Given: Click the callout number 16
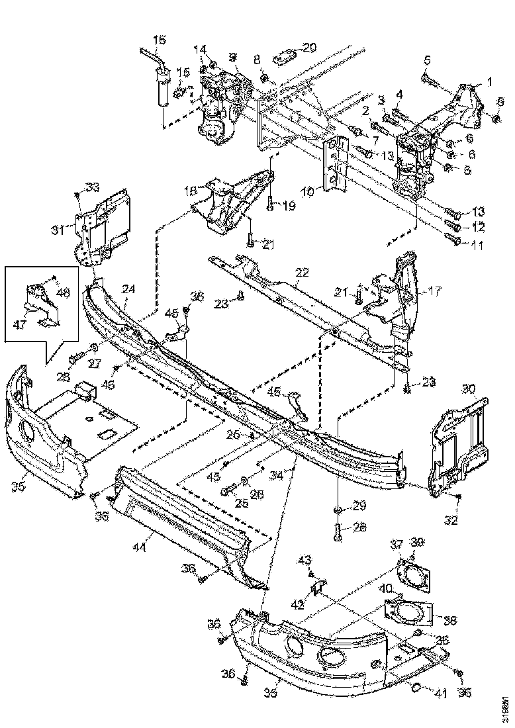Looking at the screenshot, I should pos(159,40).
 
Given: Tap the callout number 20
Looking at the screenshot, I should pos(310,47).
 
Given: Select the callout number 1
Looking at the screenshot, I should pos(490,81).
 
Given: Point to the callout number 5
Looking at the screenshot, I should pos(427,60).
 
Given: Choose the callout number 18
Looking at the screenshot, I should pos(191,190).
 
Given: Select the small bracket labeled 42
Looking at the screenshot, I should pos(317,586).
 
